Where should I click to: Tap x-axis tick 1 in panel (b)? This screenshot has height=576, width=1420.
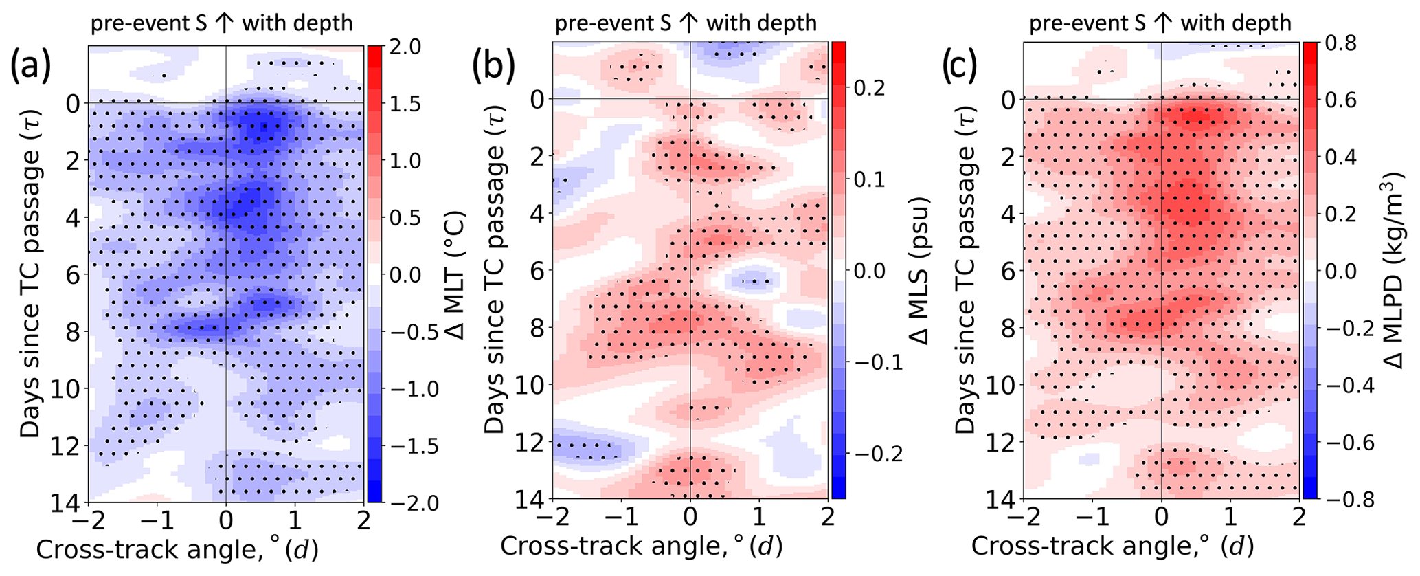tap(758, 516)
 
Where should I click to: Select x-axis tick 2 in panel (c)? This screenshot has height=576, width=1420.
tap(1298, 516)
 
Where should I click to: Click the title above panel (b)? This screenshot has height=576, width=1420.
tap(686, 23)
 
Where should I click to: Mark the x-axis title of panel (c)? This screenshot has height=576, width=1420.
tap(1112, 546)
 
